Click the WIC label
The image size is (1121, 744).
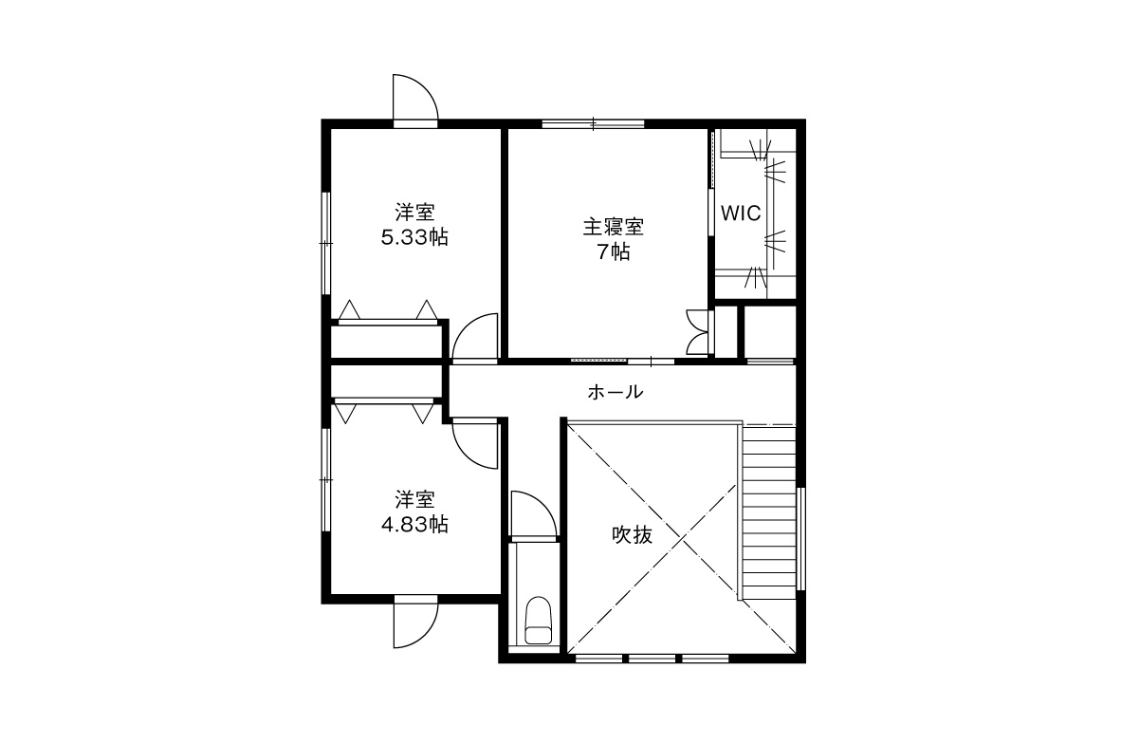coord(741,214)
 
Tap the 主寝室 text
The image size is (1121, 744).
coord(614,228)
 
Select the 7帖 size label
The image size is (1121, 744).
coord(614,251)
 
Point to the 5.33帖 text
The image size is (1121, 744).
coord(414,237)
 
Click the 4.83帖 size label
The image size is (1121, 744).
coord(414,525)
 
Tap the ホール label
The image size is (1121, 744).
coord(616,392)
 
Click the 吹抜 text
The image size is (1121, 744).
coord(632,535)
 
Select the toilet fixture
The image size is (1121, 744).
coord(539,621)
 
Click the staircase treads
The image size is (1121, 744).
coord(769,512)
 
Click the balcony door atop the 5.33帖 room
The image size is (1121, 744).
coord(414,101)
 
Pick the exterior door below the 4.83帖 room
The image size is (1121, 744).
coord(414,621)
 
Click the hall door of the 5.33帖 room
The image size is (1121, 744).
coord(475,338)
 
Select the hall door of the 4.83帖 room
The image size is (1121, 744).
coord(475,444)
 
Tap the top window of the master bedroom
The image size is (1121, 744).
coord(593,124)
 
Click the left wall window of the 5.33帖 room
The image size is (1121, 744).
coord(326,243)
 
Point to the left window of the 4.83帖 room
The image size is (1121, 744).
coord(326,478)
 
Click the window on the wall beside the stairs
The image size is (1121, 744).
coord(800,539)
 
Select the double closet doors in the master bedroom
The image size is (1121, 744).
coord(698,332)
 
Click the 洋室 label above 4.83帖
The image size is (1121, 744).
coord(414,499)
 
